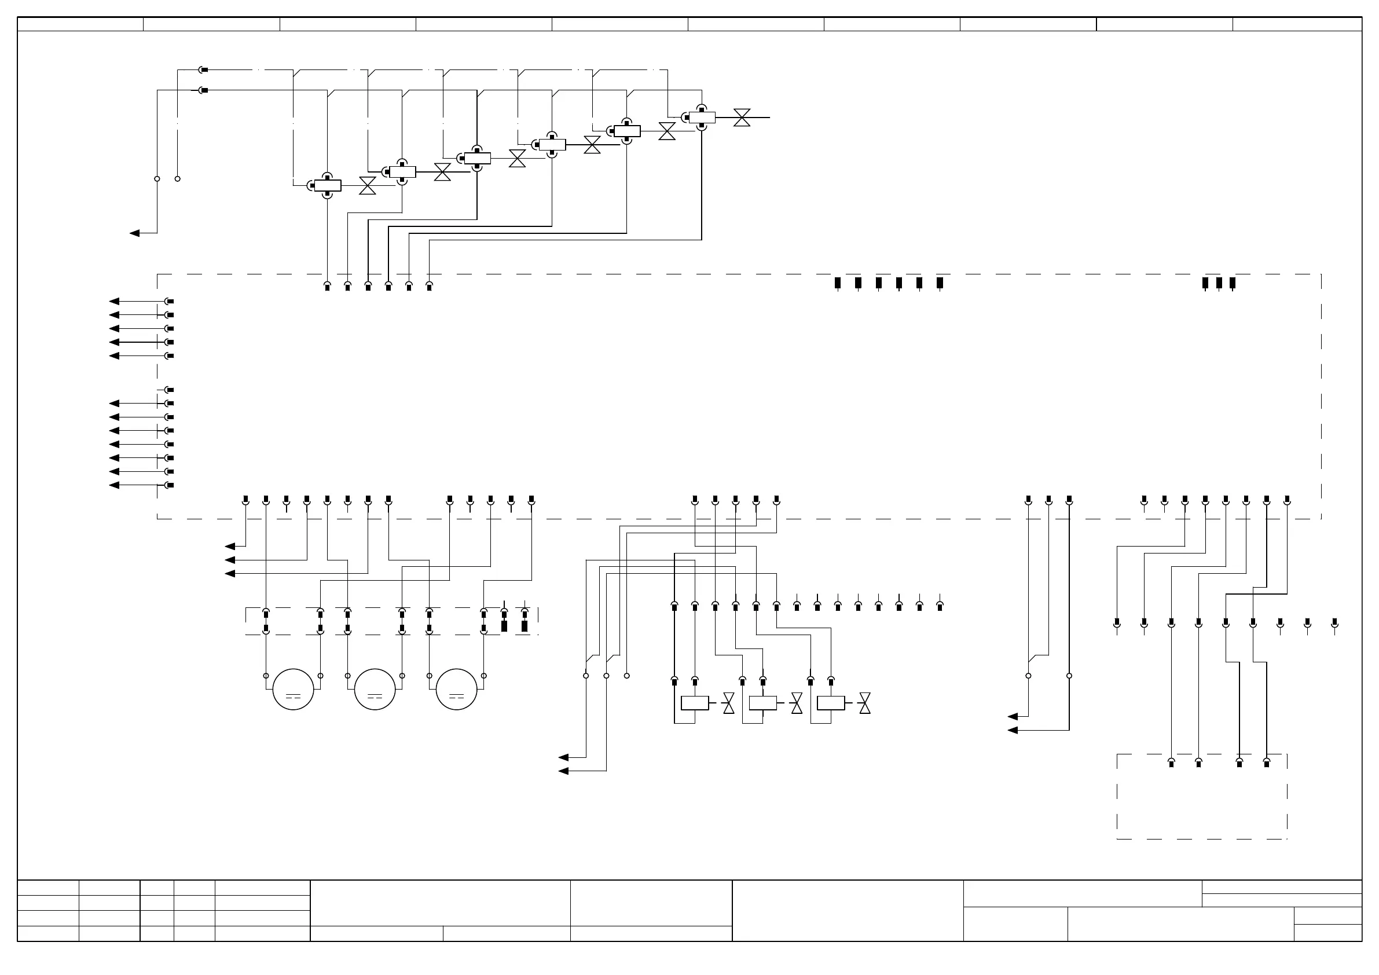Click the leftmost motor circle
pos(293,689)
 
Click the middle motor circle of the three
pos(375,689)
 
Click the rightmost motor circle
pos(456,689)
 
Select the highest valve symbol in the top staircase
pos(742,118)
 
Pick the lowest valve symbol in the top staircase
pos(368,186)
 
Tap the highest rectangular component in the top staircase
pos(702,118)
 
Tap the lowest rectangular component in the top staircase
pos(327,186)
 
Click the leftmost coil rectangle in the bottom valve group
pos(695,703)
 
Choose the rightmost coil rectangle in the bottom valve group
pos(831,703)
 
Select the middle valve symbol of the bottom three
pos(797,703)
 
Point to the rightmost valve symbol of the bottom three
pos(865,703)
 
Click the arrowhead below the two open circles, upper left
pos(135,233)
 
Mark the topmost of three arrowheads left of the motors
pos(230,547)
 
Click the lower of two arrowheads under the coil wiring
pos(563,771)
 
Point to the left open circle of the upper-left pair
pos(157,178)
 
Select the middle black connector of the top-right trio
pos(1219,283)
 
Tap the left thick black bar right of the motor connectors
pos(504,626)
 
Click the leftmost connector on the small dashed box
pos(1171,763)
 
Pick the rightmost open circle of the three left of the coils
pos(627,676)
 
